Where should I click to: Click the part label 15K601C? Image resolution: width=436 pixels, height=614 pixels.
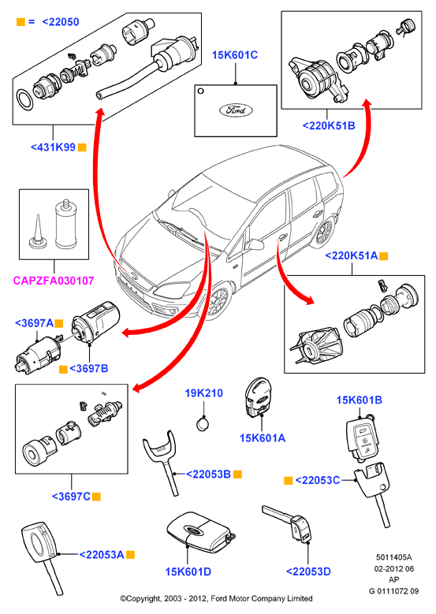235,55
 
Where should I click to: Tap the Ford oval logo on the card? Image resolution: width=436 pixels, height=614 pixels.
236,110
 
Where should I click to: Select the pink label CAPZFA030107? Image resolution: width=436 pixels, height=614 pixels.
54,281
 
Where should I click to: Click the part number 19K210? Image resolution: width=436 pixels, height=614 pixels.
203,393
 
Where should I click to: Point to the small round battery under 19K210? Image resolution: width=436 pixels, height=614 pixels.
203,424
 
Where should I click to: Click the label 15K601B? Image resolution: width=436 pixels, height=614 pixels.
360,400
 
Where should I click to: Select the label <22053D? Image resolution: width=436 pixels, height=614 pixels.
308,571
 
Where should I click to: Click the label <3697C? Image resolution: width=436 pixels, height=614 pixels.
71,497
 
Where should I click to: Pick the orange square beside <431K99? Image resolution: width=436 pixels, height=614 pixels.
82,147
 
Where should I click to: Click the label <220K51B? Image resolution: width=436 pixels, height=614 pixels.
329,125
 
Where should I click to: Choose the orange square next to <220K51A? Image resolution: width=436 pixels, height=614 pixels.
383,256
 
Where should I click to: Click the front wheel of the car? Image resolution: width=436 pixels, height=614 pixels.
216,301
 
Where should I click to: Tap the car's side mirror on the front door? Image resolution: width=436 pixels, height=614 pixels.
255,244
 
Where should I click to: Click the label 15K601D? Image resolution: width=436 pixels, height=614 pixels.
188,571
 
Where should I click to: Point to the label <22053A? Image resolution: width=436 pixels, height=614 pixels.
102,555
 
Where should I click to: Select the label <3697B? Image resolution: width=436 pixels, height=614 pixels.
88,368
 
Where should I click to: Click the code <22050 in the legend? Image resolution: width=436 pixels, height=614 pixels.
61,22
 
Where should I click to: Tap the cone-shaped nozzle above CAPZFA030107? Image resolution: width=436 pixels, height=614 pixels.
39,233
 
